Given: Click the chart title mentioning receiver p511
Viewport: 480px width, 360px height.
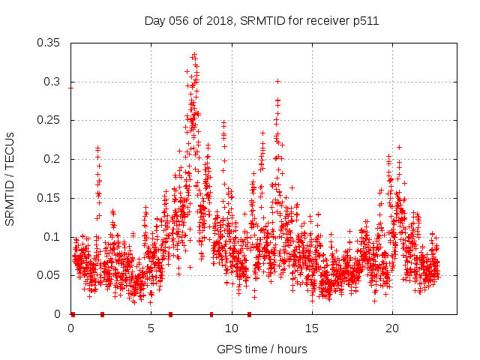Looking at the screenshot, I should tap(261, 21).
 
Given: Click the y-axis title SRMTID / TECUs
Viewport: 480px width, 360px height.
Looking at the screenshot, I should tap(10, 178).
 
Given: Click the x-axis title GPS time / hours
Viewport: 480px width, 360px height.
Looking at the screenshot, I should tap(261, 349).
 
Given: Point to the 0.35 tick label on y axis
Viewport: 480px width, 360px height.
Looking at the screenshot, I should tap(49, 43).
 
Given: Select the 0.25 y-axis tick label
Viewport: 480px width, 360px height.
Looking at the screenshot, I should tap(49, 120).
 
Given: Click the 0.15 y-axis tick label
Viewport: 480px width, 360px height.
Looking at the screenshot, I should tap(49, 198).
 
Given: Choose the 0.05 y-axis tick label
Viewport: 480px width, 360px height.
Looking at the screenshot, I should tap(49, 275).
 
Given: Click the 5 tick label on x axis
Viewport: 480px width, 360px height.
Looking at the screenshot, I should tap(151, 328).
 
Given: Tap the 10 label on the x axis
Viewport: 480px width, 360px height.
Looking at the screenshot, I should tap(232, 328).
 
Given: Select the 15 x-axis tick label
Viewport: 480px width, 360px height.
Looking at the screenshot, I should tap(312, 328).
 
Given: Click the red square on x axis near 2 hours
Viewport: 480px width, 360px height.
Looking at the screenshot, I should tap(103, 314).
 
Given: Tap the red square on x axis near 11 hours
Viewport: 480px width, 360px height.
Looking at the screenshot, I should tap(249, 314).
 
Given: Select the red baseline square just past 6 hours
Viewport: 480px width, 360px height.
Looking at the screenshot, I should tap(171, 314).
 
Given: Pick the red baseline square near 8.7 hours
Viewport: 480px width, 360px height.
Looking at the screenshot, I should tap(211, 314).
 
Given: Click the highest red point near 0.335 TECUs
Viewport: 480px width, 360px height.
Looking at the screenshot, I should tap(194, 55).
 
